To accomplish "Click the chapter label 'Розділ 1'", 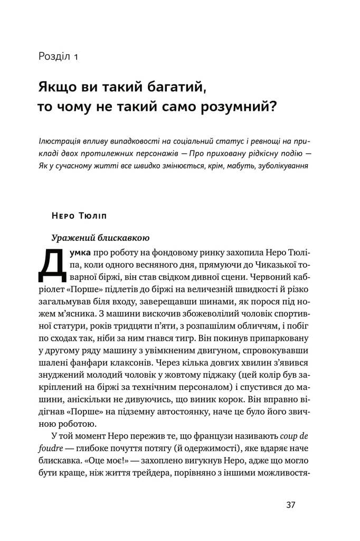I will point(58,57).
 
